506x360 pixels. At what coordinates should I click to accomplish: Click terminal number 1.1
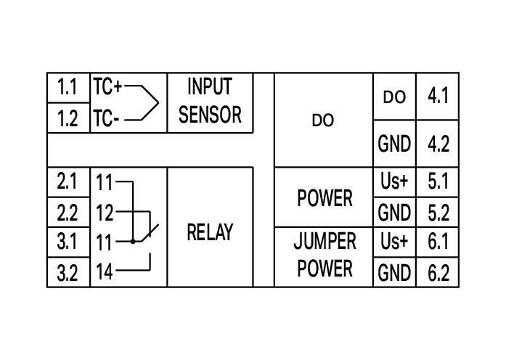click(68, 88)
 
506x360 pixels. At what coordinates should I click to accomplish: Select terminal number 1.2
click(68, 118)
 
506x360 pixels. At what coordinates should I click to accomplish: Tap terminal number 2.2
click(68, 213)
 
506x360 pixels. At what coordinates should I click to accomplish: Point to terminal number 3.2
click(68, 273)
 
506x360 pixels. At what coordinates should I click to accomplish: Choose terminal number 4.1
click(438, 97)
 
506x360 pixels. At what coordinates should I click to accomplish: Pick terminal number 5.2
click(438, 213)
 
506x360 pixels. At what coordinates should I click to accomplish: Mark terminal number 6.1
click(438, 241)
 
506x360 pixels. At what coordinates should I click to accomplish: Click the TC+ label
click(107, 87)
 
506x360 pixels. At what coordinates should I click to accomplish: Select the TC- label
click(106, 118)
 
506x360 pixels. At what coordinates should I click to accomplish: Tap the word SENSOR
click(210, 115)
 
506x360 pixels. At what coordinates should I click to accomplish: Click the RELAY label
click(210, 232)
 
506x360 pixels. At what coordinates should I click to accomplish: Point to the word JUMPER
click(325, 241)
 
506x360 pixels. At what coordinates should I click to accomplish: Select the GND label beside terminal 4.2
click(394, 144)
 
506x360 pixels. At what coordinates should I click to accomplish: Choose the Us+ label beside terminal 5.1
click(394, 181)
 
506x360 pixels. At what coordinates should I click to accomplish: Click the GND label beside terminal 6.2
click(394, 273)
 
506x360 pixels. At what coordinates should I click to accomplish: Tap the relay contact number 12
click(105, 213)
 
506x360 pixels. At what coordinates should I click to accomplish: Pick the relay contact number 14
click(105, 272)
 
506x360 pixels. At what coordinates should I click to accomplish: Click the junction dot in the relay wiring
click(133, 241)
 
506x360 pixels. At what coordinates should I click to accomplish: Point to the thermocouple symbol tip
click(158, 102)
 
